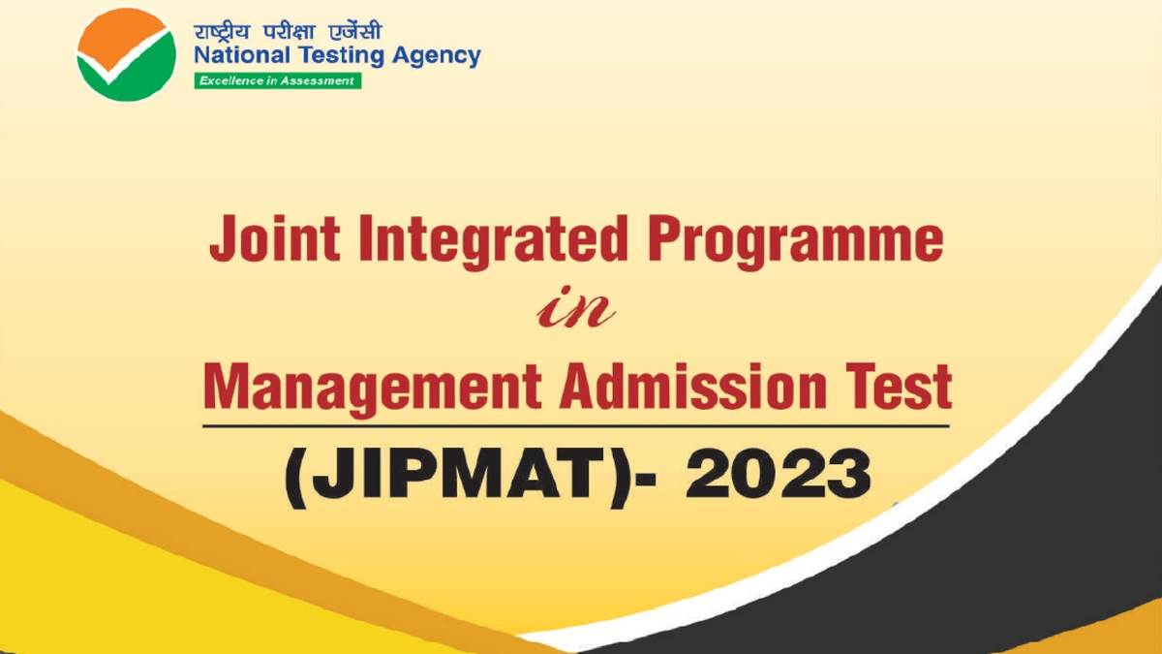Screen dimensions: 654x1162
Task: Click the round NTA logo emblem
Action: point(127,53)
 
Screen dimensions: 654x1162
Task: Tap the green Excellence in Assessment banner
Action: point(277,80)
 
